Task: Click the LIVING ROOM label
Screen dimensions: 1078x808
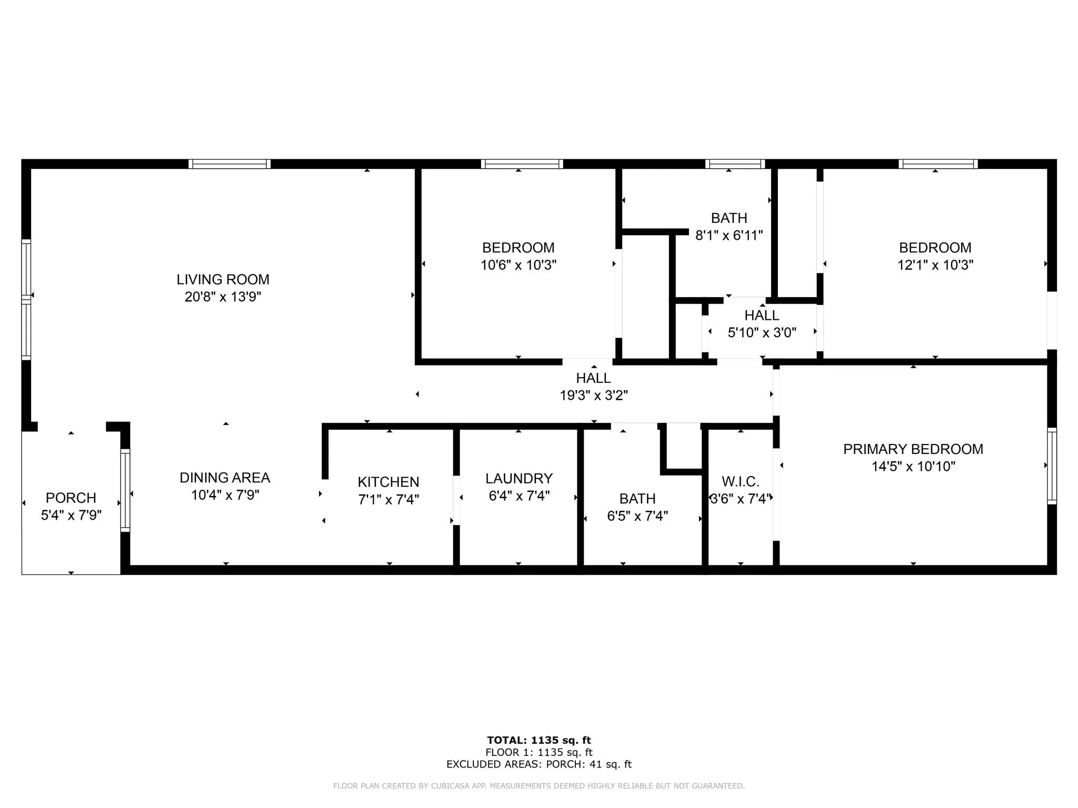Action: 223,279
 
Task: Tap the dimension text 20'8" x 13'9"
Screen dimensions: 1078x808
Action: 223,297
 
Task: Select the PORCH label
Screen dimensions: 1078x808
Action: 71,498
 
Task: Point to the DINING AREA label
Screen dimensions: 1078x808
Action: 225,478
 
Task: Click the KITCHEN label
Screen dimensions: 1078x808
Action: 388,482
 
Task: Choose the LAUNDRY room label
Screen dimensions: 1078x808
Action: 519,478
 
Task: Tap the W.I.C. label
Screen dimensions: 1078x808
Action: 741,481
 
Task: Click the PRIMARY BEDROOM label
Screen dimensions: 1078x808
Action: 913,449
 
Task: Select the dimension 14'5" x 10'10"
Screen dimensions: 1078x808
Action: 913,466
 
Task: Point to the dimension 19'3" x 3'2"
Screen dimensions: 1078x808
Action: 594,395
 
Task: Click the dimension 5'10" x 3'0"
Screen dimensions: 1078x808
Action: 762,332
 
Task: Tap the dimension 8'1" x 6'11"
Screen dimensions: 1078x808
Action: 729,235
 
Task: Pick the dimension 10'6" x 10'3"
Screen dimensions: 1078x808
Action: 518,265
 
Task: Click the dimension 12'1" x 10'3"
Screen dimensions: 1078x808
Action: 935,265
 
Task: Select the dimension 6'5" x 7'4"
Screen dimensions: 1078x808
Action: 637,516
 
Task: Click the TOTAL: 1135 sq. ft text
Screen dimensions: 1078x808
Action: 539,740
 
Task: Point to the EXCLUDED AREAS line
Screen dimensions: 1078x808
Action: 539,764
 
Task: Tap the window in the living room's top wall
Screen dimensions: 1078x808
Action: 229,164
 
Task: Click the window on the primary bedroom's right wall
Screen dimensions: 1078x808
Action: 1052,466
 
